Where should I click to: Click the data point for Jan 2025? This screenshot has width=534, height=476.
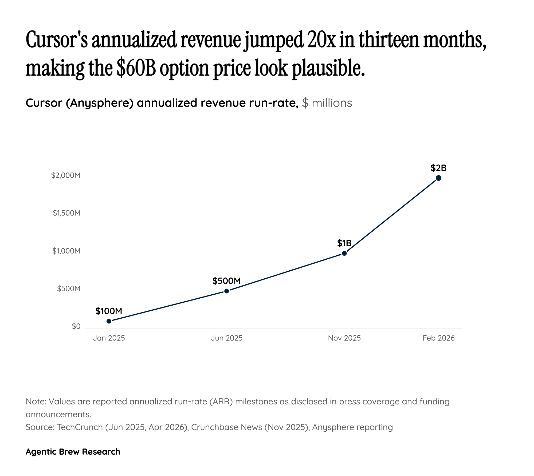[x=109, y=321]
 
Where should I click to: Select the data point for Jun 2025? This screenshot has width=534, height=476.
[x=226, y=291]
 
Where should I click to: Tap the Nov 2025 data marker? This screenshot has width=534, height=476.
[x=344, y=253]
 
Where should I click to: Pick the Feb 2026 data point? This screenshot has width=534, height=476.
[x=438, y=178]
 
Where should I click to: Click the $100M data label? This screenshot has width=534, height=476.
[x=109, y=311]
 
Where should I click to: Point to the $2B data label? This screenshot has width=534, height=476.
[x=438, y=168]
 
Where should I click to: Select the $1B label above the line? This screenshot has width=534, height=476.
[x=344, y=243]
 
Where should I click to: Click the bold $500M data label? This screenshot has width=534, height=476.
[x=226, y=281]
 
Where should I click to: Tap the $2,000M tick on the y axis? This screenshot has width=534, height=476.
[x=66, y=175]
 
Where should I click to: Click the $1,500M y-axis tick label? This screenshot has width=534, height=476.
[x=66, y=213]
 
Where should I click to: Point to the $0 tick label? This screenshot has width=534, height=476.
[x=76, y=326]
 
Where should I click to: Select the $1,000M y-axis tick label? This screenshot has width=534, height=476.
[x=66, y=251]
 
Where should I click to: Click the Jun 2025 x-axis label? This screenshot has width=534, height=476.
[x=226, y=338]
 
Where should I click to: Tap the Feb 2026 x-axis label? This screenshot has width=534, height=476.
[x=438, y=338]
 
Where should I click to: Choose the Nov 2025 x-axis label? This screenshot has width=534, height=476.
[x=344, y=338]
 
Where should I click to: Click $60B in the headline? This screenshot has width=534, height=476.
[x=136, y=68]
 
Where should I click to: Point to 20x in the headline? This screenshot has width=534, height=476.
[x=321, y=40]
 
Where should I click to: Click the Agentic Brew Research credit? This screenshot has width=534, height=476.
[x=73, y=451]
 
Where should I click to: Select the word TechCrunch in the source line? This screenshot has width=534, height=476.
[x=80, y=427]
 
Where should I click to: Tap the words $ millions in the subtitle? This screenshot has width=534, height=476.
[x=327, y=103]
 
